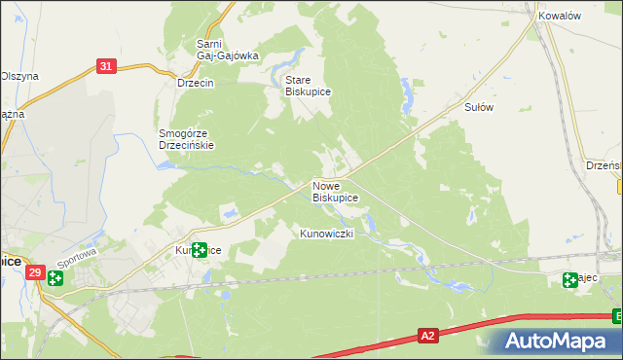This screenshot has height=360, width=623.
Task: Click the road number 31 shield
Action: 107,66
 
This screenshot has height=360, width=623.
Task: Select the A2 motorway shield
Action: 427,336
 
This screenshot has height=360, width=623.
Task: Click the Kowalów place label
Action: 559,17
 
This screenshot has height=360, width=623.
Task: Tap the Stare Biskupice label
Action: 309,86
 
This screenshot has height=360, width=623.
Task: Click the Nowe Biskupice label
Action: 335,191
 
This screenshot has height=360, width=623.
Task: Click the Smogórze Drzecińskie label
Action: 186,139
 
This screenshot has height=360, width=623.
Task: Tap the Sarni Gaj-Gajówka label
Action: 226,50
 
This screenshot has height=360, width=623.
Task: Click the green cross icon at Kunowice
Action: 199,250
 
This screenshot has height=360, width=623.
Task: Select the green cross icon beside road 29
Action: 55,279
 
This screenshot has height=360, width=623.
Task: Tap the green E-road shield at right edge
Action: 618,315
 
